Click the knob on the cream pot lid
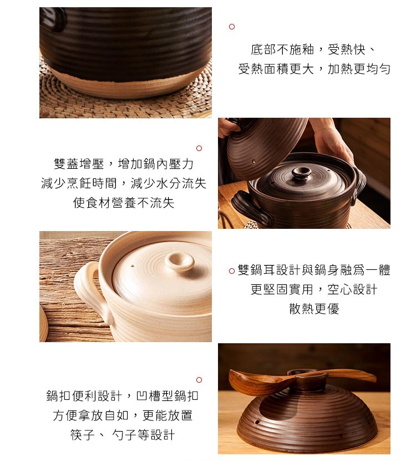pyautogui.click(x=179, y=261)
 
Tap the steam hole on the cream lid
pyautogui.click(x=133, y=267)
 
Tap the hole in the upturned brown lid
pyautogui.click(x=257, y=422)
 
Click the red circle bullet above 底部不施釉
pyautogui.click(x=232, y=27)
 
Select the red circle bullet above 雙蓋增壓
pyautogui.click(x=199, y=148)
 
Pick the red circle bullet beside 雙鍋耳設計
pyautogui.click(x=232, y=271)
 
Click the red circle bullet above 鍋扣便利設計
pyautogui.click(x=199, y=380)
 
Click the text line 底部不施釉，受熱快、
pyautogui.click(x=313, y=49)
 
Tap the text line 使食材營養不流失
pyautogui.click(x=124, y=203)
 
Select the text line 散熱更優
pyautogui.click(x=314, y=309)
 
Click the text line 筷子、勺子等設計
pyautogui.click(x=123, y=434)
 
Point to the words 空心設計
pyautogui.click(x=352, y=289)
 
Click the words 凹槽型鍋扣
pyautogui.click(x=167, y=395)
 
